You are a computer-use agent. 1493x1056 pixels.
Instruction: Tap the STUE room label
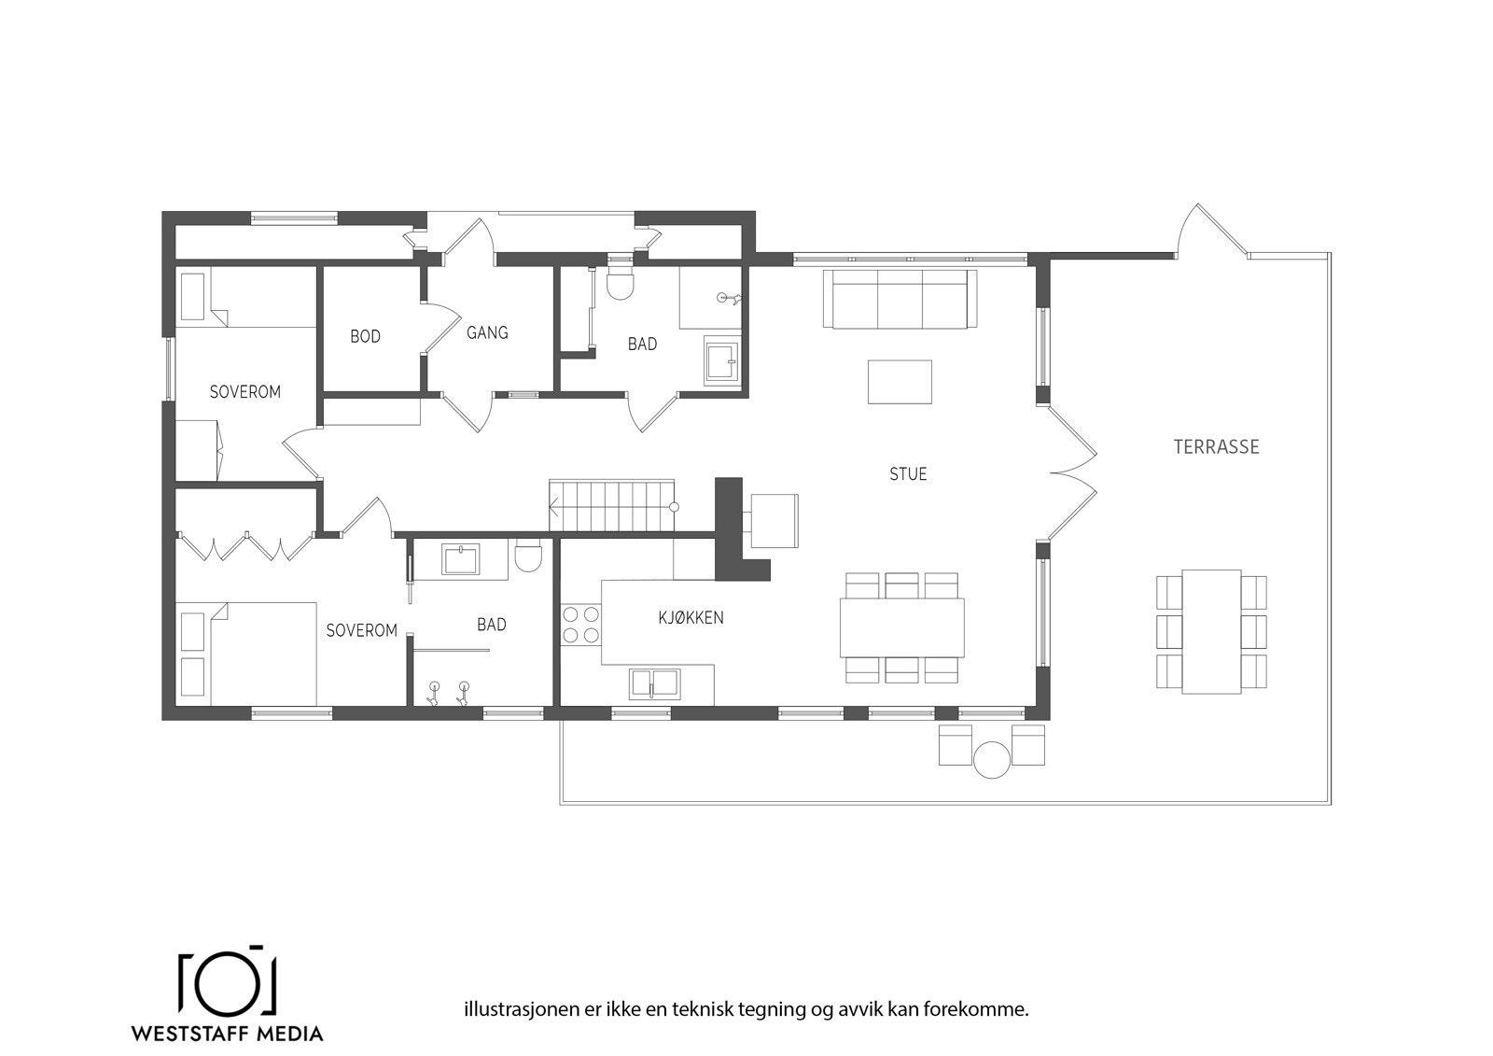pos(907,474)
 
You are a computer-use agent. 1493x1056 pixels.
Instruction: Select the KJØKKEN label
pos(691,617)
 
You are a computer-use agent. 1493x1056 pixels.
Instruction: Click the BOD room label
pos(365,336)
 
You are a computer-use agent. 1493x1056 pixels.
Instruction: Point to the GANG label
pos(486,332)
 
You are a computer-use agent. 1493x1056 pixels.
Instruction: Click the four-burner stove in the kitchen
pos(580,624)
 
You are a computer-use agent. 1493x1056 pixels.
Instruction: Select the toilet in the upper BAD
pos(620,283)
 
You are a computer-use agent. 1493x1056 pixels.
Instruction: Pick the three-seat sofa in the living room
pos(900,299)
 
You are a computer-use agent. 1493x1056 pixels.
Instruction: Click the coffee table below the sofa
pos(900,382)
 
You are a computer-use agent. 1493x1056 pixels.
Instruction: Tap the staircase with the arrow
pos(611,506)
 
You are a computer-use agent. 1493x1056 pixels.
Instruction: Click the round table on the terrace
pos(991,759)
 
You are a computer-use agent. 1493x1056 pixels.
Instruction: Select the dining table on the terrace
pos(1211,630)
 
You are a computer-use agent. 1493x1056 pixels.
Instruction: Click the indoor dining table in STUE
pos(901,627)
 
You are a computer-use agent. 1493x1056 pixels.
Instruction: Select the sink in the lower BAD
pos(461,560)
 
